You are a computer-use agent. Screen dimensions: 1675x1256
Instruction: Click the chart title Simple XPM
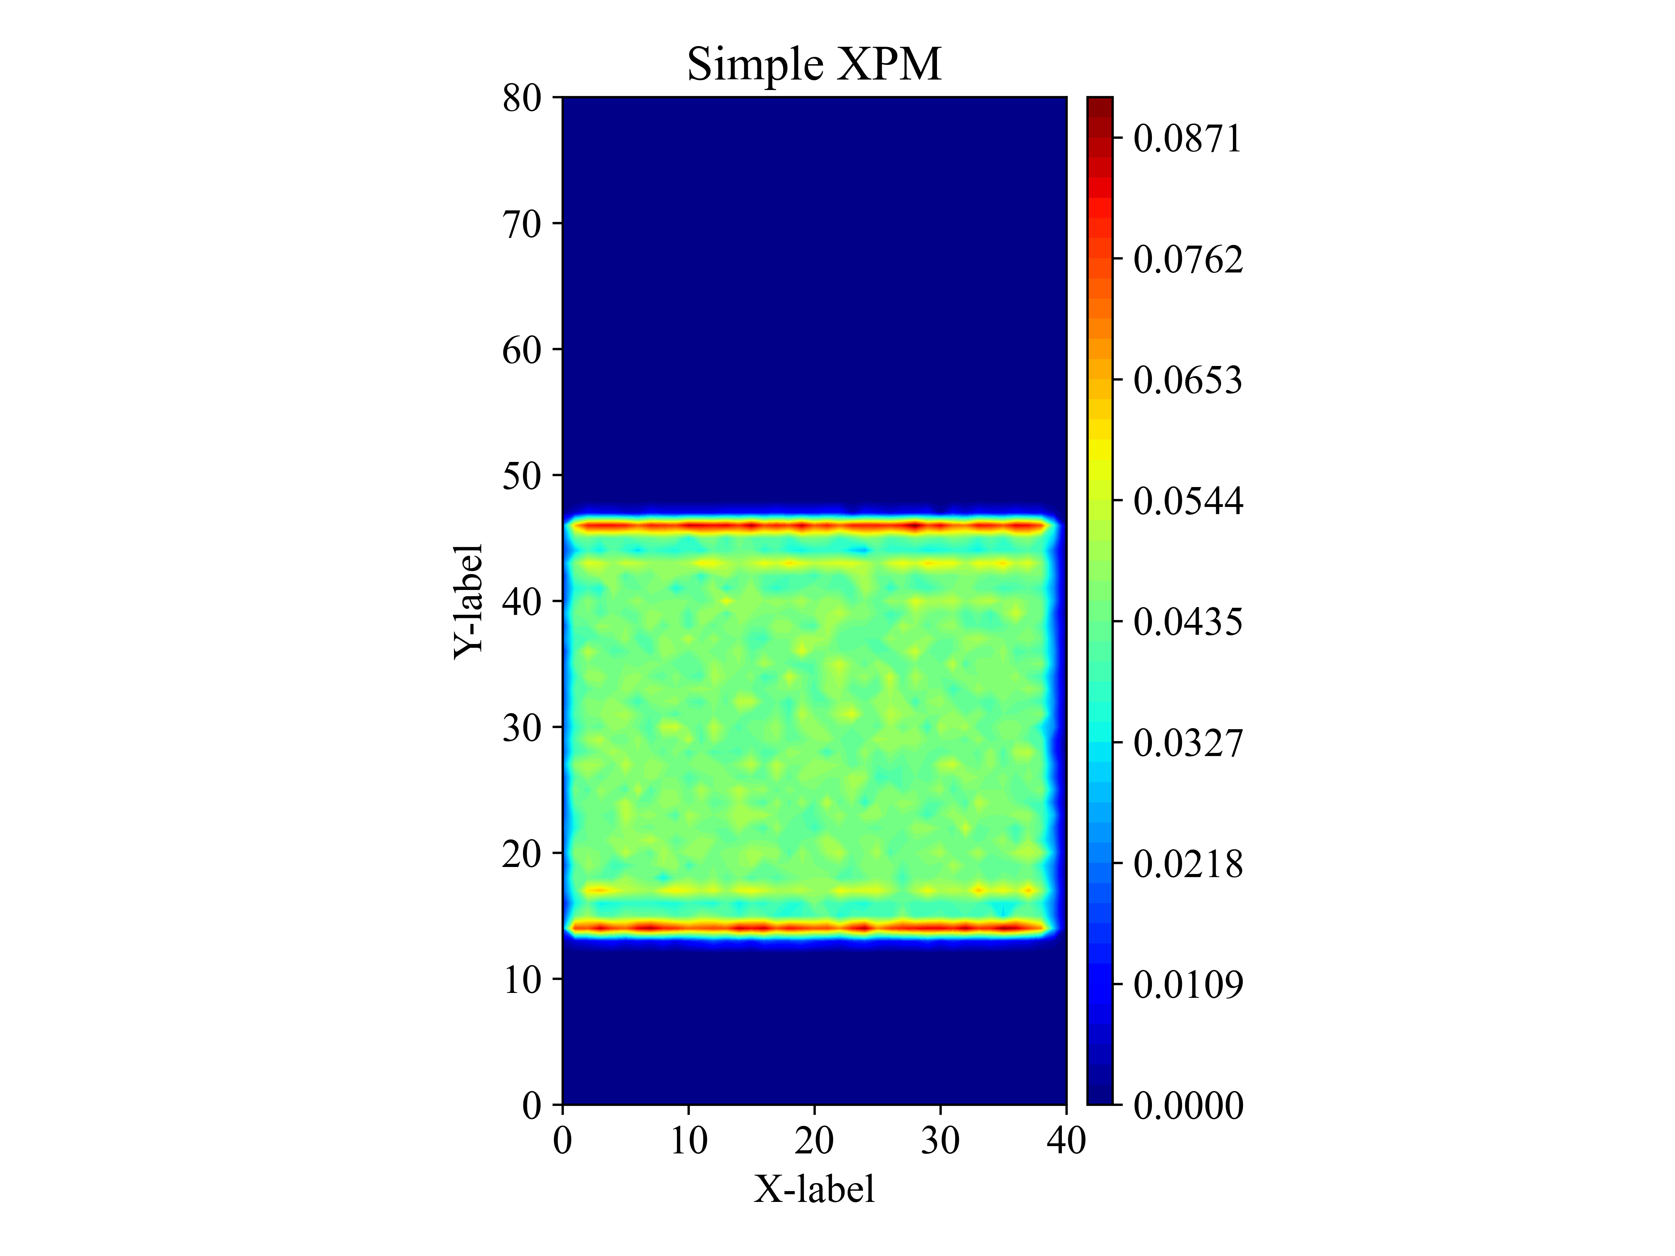(x=814, y=64)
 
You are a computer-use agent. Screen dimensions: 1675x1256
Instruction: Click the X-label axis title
(x=814, y=1188)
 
